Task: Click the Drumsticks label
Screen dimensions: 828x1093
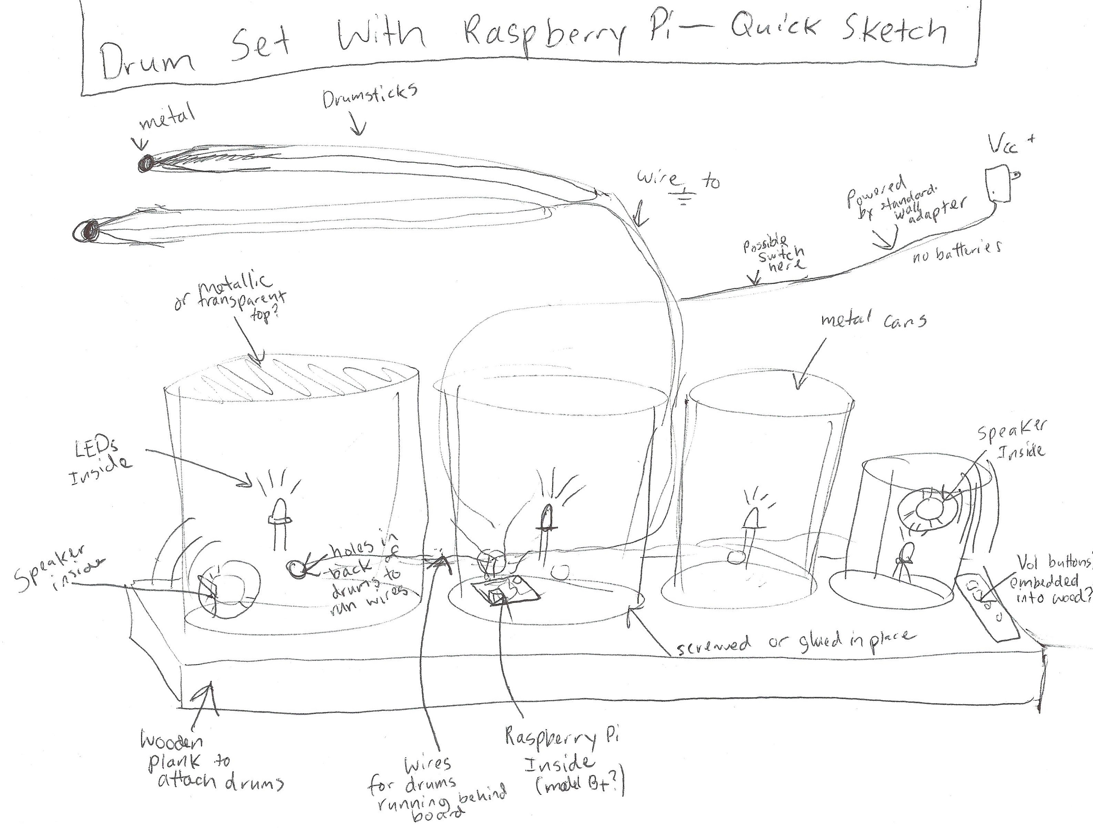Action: coord(370,96)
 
